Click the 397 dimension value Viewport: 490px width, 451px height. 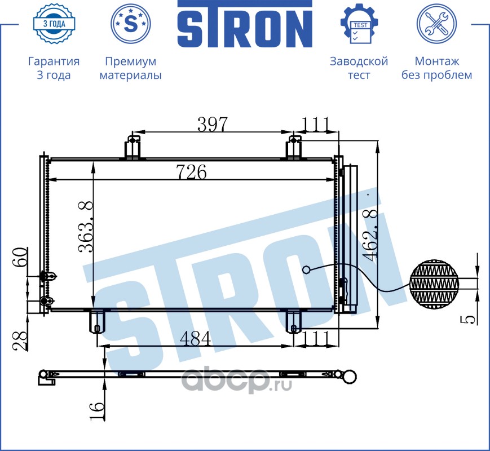pyautogui.click(x=212, y=125)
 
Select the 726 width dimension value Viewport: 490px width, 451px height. pyautogui.click(x=191, y=172)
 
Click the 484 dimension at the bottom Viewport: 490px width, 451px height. pyautogui.click(x=196, y=338)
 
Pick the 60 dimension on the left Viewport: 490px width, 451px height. pyautogui.click(x=20, y=257)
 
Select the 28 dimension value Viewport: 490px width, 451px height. pyautogui.click(x=20, y=341)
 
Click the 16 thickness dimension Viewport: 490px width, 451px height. pyautogui.click(x=97, y=410)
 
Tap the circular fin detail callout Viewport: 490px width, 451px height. pyautogui.click(x=434, y=284)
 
